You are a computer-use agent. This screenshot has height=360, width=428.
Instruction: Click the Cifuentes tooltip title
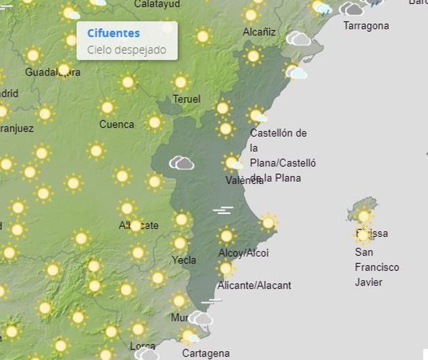(x=114, y=33)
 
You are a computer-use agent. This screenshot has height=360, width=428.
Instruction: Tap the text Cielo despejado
(x=126, y=50)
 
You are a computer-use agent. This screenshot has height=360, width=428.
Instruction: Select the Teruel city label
(x=187, y=100)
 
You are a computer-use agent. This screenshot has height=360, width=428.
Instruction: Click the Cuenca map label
(x=116, y=124)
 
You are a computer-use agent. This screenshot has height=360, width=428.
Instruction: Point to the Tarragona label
(x=366, y=26)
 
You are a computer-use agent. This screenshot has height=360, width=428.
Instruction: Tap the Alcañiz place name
(x=259, y=31)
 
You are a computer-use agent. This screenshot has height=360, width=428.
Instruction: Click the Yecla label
(x=184, y=260)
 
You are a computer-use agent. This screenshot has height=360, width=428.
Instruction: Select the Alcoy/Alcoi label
(x=243, y=253)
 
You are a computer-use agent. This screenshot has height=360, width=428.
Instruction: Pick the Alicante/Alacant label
(x=255, y=286)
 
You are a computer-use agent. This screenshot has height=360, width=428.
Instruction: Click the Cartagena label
(x=205, y=353)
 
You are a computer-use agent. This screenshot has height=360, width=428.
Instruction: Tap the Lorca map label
(x=142, y=346)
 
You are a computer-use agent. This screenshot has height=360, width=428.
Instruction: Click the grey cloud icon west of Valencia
(x=181, y=163)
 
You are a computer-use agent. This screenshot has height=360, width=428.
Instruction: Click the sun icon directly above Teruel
(x=181, y=82)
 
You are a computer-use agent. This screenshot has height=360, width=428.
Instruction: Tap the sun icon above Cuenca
(x=106, y=107)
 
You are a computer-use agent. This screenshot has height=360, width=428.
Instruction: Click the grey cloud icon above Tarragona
(x=351, y=9)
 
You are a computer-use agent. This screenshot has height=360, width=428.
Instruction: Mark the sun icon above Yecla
(x=179, y=243)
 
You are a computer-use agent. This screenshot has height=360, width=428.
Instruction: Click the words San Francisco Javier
(x=377, y=267)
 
